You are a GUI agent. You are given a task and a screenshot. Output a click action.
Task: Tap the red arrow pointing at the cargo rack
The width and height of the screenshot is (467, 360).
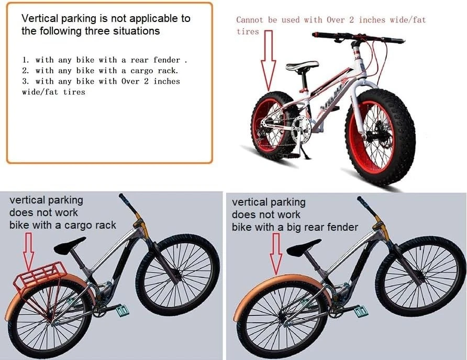(x=29, y=252)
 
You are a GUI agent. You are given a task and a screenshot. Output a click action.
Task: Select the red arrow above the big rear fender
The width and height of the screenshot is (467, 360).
(x=276, y=253)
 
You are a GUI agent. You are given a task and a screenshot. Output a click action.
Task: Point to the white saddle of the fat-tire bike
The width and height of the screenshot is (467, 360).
(x=302, y=65)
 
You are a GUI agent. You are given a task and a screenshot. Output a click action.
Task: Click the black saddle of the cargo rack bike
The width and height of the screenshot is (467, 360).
(x=70, y=245)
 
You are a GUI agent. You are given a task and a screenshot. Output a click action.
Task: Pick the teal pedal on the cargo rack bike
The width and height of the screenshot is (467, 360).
(x=123, y=311)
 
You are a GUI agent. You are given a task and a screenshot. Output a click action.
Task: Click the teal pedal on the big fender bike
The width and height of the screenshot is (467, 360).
(x=361, y=311)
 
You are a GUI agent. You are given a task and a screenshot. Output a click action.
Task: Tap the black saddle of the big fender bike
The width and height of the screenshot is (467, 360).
(x=304, y=247)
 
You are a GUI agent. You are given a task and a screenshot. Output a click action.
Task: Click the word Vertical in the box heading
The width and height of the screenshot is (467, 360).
(x=40, y=18)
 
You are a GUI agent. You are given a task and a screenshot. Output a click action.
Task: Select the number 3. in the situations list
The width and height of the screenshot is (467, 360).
(x=26, y=81)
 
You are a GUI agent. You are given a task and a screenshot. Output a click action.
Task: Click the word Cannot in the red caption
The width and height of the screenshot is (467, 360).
(x=250, y=20)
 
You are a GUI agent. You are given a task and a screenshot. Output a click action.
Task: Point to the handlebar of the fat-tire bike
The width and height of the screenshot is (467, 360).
(x=358, y=38)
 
